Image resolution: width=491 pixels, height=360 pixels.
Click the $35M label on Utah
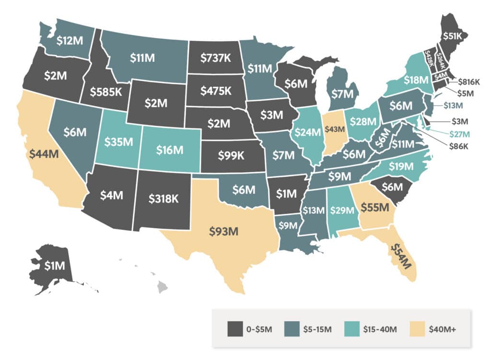(x=118, y=142)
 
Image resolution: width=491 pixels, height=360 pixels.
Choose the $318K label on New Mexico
(x=164, y=198)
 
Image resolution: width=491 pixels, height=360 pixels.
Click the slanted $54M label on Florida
(x=401, y=256)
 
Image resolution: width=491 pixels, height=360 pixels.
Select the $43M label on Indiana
(x=335, y=129)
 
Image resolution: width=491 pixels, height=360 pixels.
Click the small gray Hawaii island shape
(x=163, y=287)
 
